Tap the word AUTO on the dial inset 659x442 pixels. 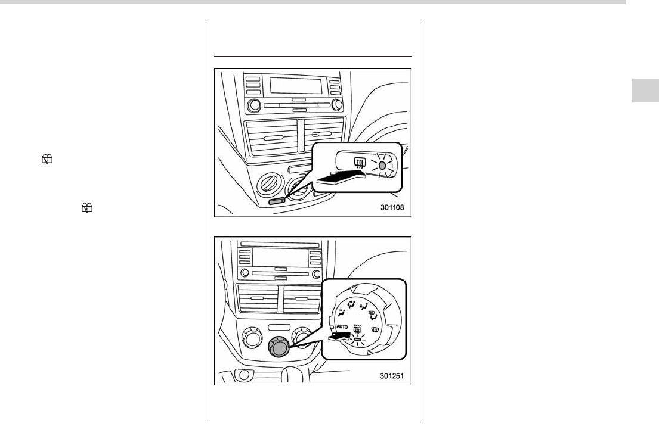pyautogui.click(x=342, y=328)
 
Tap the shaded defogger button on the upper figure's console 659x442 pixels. pyautogui.click(x=276, y=201)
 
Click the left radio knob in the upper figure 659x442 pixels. pyautogui.click(x=255, y=105)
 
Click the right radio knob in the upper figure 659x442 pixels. pyautogui.click(x=337, y=105)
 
